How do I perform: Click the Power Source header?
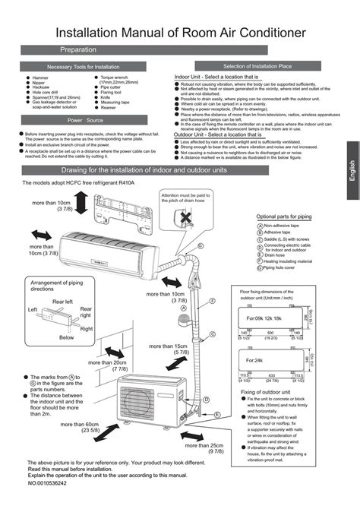[x=85, y=120]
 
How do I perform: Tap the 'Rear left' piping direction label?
[x=62, y=302]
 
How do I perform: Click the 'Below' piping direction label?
[x=67, y=336]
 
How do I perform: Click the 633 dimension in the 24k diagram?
[x=273, y=375]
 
